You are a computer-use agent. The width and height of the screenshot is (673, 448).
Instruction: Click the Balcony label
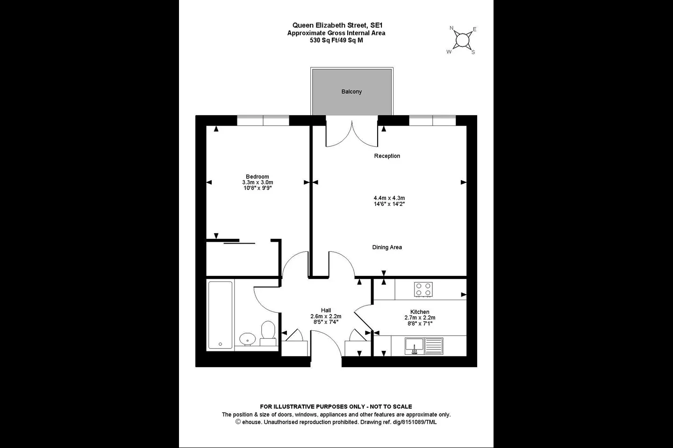(x=351, y=91)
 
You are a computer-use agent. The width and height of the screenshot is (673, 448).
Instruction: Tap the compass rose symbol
(x=462, y=40)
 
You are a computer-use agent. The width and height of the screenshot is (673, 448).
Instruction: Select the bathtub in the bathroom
(x=220, y=315)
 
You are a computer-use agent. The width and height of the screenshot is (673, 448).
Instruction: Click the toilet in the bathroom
(x=268, y=333)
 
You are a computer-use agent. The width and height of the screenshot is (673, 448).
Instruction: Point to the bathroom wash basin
(x=248, y=339)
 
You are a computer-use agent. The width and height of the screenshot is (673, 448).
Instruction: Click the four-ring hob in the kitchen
(x=423, y=289)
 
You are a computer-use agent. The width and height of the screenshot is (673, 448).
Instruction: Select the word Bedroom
(x=258, y=176)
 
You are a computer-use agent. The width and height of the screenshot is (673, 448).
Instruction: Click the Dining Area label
(x=387, y=247)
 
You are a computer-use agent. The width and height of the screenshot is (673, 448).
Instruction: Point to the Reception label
(x=387, y=156)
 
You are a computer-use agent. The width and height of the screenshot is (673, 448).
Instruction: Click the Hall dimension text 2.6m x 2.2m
(x=326, y=316)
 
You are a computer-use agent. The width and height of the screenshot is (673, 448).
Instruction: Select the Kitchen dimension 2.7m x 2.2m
(x=420, y=317)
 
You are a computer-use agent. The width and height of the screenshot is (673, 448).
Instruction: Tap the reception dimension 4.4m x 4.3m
(x=389, y=198)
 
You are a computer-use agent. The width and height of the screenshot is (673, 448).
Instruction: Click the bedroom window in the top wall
(x=263, y=120)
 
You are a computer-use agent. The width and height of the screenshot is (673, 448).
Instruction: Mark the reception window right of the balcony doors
(x=432, y=120)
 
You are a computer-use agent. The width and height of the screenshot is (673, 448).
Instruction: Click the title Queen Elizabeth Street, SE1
(x=337, y=25)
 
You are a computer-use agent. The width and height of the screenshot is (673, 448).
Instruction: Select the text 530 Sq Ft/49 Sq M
(x=336, y=40)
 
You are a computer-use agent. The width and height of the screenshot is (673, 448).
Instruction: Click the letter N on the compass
(x=451, y=28)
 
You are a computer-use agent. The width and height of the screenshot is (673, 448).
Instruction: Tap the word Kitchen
(x=420, y=312)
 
